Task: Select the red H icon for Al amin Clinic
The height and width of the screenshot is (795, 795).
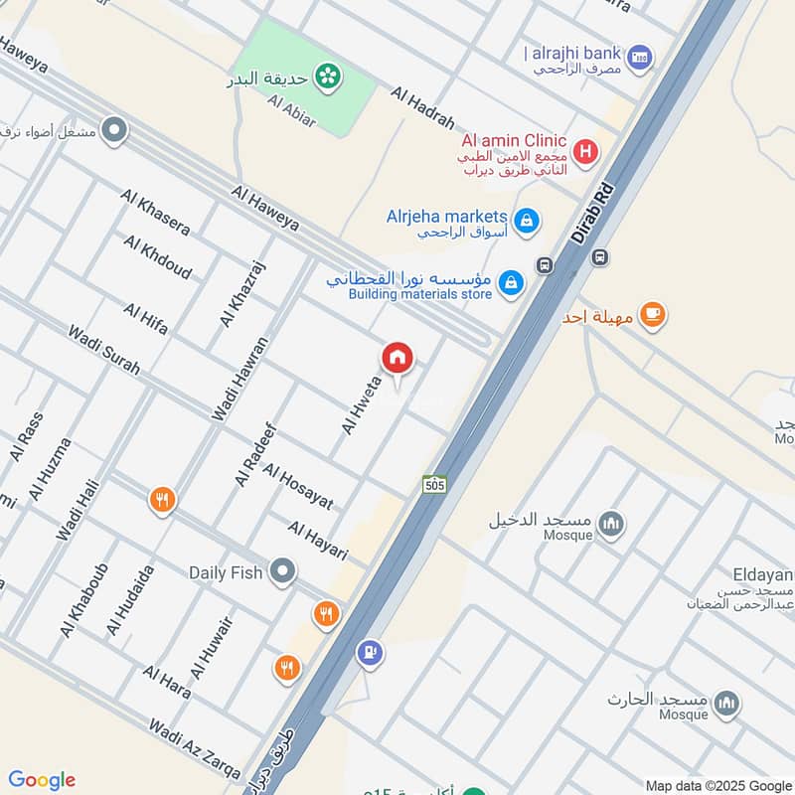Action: point(587,152)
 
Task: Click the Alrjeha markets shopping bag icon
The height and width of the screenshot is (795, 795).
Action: point(529,221)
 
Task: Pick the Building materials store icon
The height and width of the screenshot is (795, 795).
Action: point(511,283)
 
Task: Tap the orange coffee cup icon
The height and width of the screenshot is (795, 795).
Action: point(652,315)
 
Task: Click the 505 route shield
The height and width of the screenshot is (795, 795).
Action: point(434,484)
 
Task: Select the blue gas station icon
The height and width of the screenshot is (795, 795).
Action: point(370,653)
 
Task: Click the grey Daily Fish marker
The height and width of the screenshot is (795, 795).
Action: point(284,571)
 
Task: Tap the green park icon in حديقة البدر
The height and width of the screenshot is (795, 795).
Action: point(325,75)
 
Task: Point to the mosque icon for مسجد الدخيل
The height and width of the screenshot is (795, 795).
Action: point(611,523)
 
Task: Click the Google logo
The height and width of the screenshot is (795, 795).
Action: point(42,780)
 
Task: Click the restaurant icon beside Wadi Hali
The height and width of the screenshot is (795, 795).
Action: point(162,500)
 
